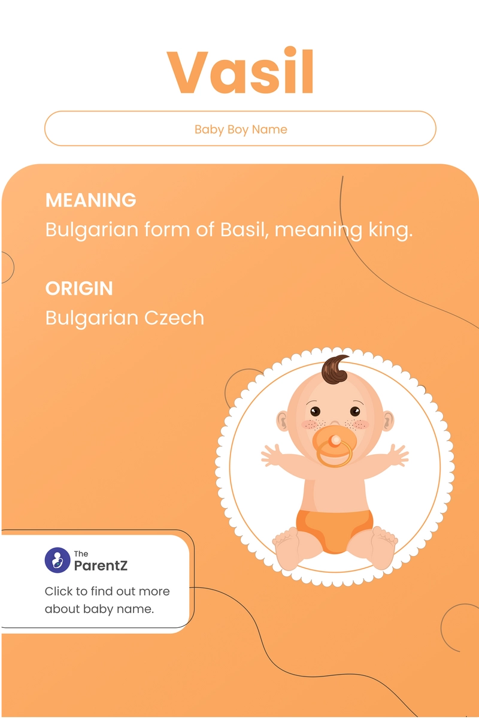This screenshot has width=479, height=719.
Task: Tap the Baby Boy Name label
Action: [241, 129]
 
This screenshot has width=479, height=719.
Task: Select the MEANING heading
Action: [91, 200]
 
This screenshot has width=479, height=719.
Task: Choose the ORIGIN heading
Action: [79, 288]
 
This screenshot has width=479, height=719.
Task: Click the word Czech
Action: [177, 318]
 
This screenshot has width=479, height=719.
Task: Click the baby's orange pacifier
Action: [334, 447]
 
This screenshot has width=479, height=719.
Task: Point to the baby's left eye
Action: [315, 412]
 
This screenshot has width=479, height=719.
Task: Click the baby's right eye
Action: [355, 411]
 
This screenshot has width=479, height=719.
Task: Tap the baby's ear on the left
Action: [282, 421]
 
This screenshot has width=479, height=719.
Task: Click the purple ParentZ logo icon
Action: [58, 560]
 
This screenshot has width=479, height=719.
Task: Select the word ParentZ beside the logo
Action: [101, 565]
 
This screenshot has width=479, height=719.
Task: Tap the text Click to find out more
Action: [107, 591]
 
